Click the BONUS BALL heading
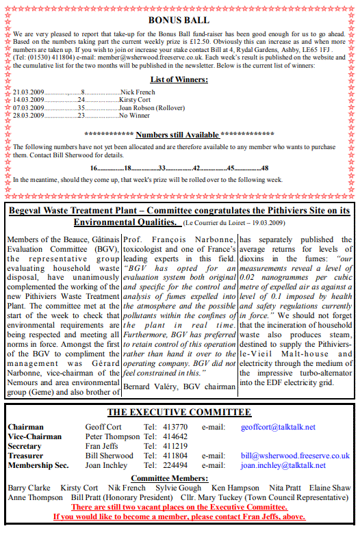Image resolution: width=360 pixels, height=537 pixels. (179, 20)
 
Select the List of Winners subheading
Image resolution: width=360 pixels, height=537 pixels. (179, 80)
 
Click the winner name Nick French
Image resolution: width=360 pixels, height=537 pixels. (138, 91)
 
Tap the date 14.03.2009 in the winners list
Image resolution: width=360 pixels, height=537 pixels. (29, 99)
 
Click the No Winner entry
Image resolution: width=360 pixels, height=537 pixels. (135, 116)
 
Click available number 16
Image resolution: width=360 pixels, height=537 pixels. (94, 168)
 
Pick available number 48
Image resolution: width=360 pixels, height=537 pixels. (265, 168)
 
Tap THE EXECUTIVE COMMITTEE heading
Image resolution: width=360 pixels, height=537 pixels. (179, 412)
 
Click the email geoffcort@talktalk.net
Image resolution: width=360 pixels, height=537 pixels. (278, 427)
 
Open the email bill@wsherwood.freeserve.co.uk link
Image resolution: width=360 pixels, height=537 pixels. (295, 456)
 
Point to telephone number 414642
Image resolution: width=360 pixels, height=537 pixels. (175, 436)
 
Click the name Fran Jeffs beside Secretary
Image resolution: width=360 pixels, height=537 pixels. (101, 446)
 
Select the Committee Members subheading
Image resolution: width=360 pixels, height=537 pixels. (179, 477)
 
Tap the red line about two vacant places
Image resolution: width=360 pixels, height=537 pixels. (179, 507)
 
